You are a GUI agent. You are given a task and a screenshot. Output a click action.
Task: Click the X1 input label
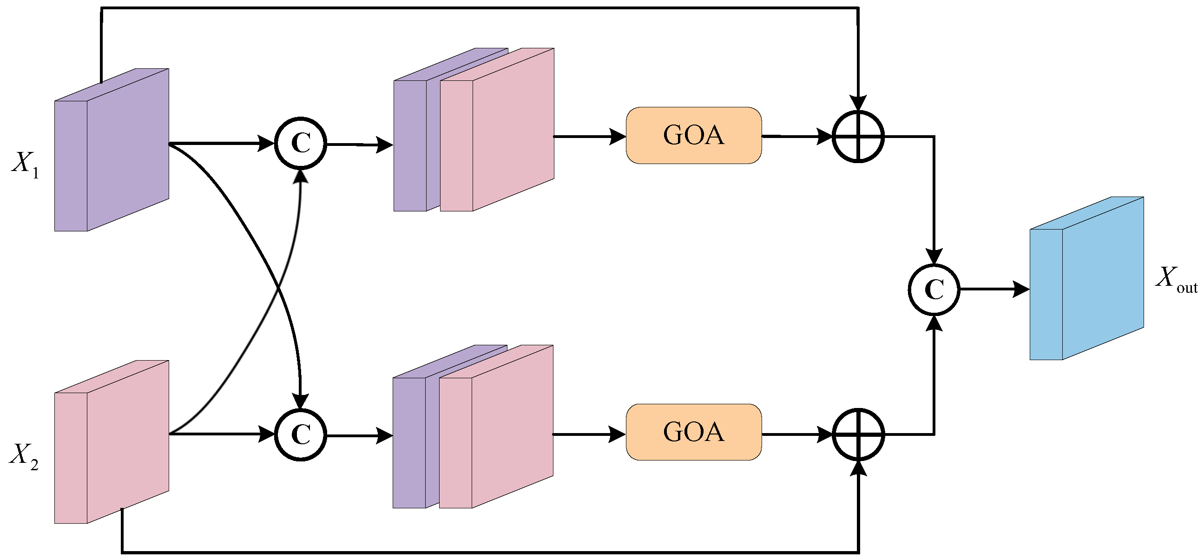[x=25, y=165]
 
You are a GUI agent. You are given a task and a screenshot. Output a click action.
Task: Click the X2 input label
[x=24, y=455]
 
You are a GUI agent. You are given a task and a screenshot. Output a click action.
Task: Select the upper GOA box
[x=694, y=136]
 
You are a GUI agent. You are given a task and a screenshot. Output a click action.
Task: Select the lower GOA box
[x=694, y=432]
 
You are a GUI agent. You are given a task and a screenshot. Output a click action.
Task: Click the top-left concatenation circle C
[x=301, y=143]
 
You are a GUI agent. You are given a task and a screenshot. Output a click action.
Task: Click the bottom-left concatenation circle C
[x=301, y=434]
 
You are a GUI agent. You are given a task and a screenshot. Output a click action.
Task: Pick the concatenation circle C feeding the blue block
[x=934, y=289]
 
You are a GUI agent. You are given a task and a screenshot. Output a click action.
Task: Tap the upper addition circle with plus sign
[x=858, y=137]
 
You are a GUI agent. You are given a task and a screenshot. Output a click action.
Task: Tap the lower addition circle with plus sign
[x=858, y=434]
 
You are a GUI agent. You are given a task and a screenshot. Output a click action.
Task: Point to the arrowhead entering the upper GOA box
[x=618, y=137]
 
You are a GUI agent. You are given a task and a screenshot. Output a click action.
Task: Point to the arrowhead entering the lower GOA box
[x=618, y=434]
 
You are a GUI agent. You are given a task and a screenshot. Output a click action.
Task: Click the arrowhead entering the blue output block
[x=1021, y=289]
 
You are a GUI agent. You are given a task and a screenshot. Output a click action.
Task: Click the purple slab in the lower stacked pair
[x=409, y=442]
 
